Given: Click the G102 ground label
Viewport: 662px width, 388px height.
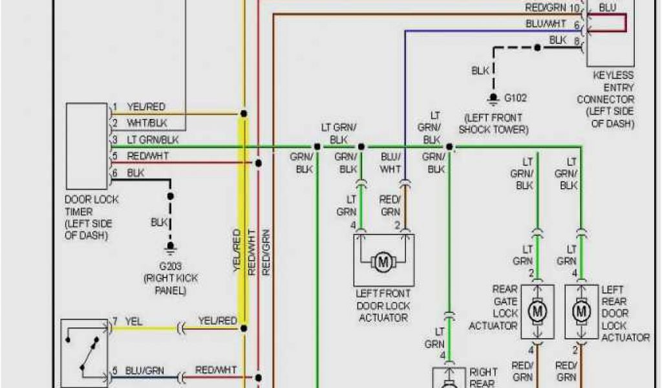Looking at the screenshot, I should click(515, 98).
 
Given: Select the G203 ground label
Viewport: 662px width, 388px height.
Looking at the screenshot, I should click(171, 265).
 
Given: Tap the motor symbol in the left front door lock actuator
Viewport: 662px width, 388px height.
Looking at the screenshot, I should click(384, 262).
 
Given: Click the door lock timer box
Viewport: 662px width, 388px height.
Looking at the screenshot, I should click(86, 145).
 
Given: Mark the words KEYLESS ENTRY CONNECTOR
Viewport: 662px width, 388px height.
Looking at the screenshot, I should click(605, 87).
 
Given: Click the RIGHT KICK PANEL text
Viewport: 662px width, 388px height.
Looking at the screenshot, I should click(171, 285).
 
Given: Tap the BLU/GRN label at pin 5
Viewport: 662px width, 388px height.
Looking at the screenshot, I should click(145, 371).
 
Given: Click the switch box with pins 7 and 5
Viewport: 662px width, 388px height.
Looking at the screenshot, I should click(85, 352).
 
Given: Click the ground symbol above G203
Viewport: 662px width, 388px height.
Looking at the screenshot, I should click(171, 246).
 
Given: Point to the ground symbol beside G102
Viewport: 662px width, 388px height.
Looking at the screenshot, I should click(493, 98).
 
